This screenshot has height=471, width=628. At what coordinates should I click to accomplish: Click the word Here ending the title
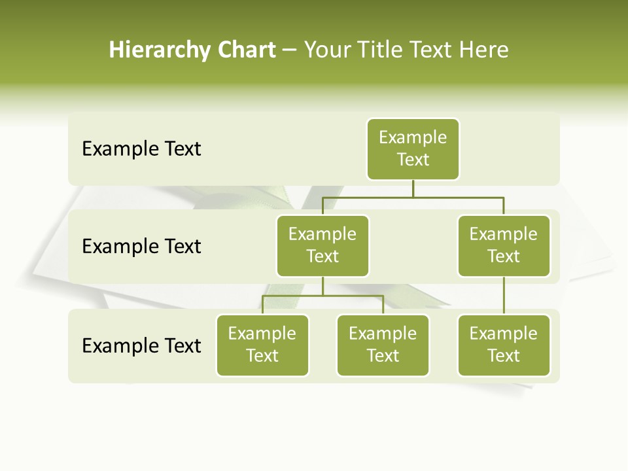pos(484,50)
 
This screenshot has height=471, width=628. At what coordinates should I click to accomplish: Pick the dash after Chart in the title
pos(289,51)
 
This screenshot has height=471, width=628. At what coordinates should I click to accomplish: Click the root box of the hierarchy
pos(413,148)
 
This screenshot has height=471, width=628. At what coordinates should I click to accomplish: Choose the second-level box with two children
pos(323,245)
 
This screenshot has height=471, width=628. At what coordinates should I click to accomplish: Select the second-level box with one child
pos(504,245)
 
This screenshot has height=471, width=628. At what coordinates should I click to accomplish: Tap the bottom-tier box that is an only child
pos(504,345)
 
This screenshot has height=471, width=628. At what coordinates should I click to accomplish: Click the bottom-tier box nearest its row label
pos(262,345)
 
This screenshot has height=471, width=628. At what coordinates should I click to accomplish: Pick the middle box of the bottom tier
pos(383,345)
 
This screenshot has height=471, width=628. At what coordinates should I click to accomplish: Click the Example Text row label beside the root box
pos(141,149)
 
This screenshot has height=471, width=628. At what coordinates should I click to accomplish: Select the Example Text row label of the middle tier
pos(141,247)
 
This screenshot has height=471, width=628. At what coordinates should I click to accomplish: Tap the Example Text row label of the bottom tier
pos(141,345)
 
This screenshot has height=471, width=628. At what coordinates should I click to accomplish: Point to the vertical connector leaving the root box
pos(413,188)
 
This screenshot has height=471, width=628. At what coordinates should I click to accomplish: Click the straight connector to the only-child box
pos(504,296)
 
